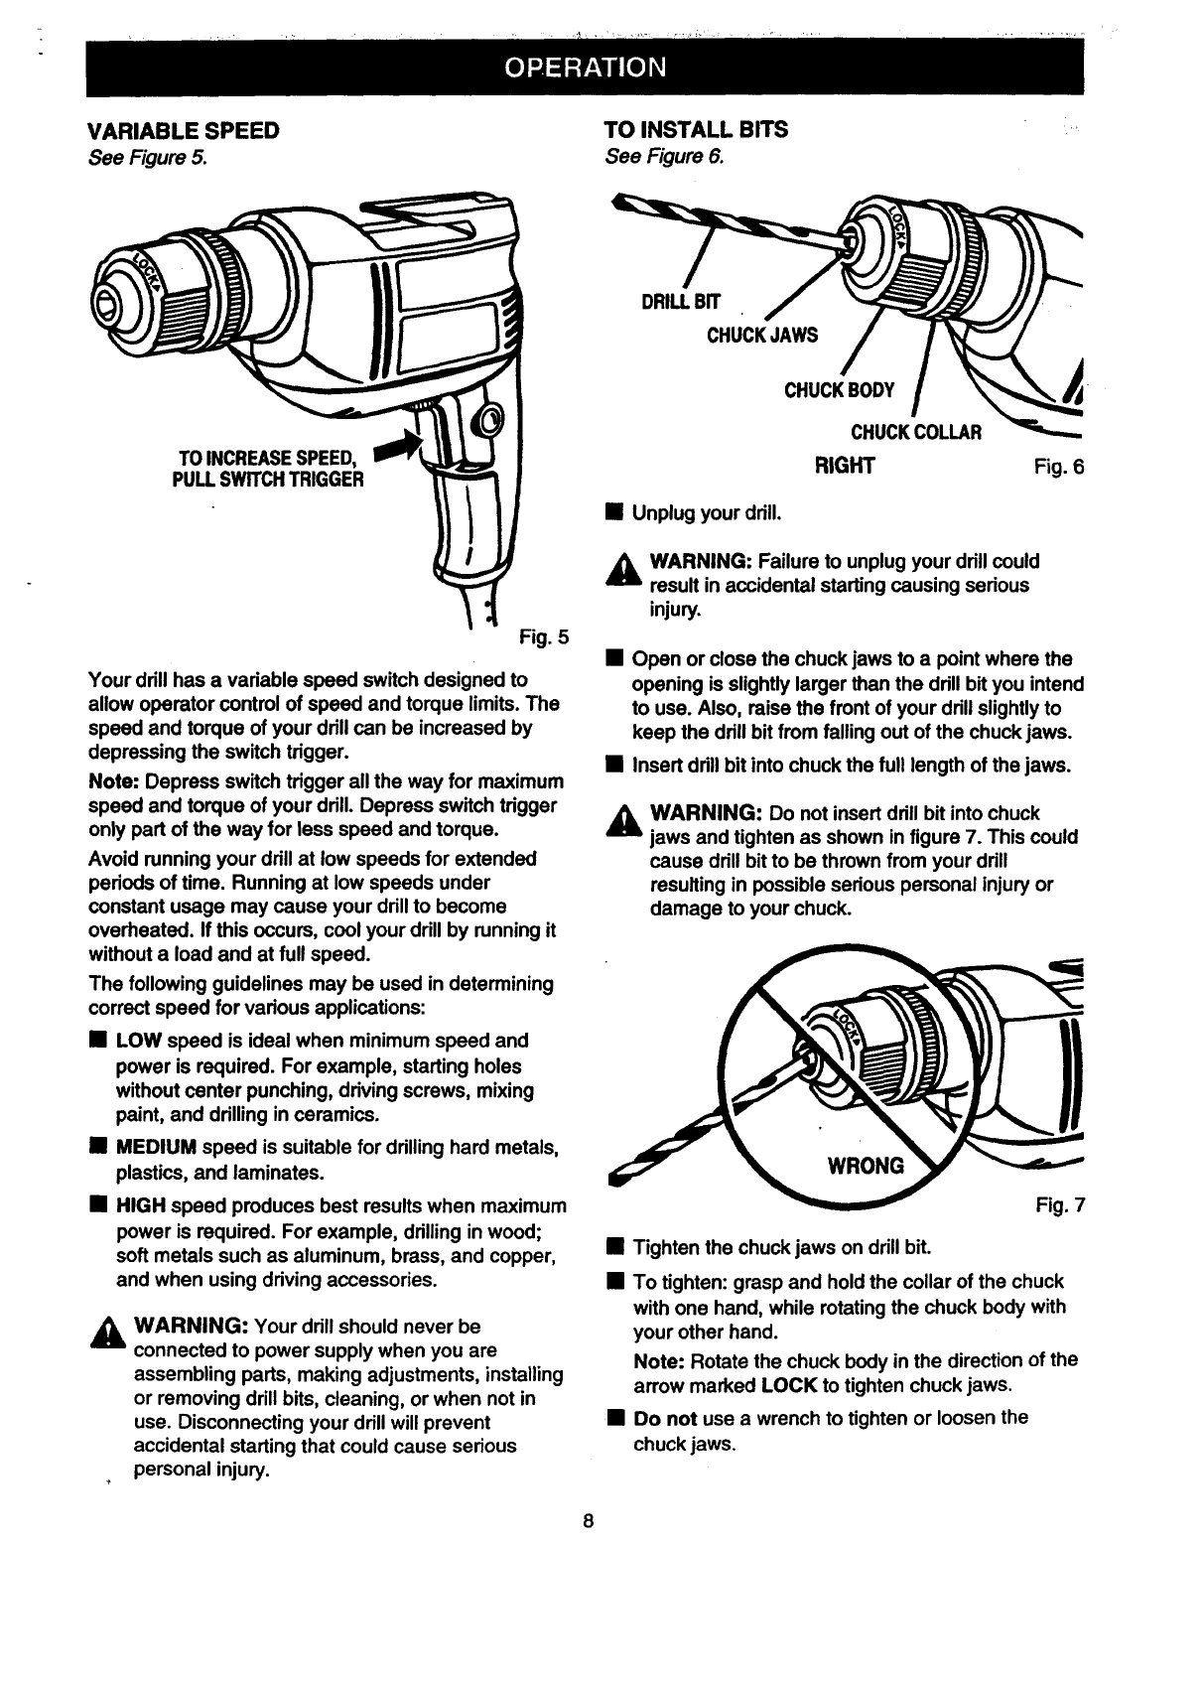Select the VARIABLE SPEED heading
pyautogui.click(x=184, y=130)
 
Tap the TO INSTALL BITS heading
pyautogui.click(x=696, y=130)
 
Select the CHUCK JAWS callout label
pyautogui.click(x=762, y=335)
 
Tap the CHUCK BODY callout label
pyautogui.click(x=840, y=389)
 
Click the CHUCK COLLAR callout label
pyautogui.click(x=916, y=432)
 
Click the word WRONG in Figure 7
pyautogui.click(x=867, y=1165)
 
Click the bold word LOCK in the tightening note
pyautogui.click(x=789, y=1384)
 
